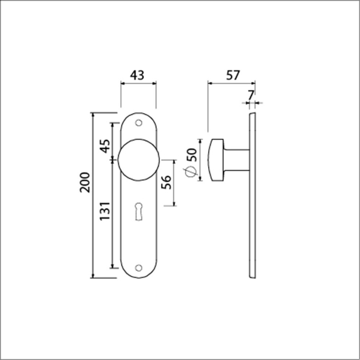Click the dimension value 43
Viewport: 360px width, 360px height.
(139, 76)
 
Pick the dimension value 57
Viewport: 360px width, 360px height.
(232, 76)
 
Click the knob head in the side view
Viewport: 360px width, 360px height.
(215, 159)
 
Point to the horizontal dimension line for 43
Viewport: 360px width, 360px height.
(139, 85)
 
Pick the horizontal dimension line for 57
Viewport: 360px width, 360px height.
(232, 85)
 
